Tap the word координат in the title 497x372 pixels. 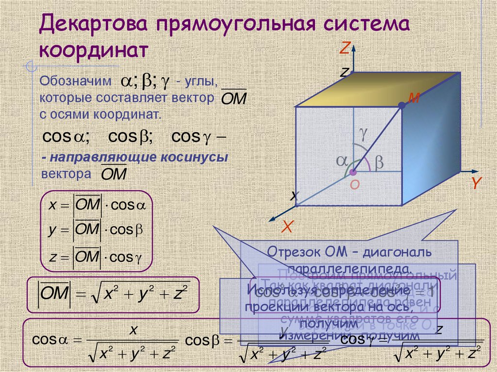tap(94, 51)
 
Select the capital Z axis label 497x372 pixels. tap(345, 48)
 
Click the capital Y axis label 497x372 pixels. tap(476, 183)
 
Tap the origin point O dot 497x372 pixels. tap(353, 172)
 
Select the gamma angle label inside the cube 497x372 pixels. tap(363, 131)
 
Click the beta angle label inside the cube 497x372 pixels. tap(379, 163)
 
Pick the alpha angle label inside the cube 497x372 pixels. tap(342, 162)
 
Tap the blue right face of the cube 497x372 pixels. tap(430, 141)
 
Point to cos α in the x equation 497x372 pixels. tap(128, 205)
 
